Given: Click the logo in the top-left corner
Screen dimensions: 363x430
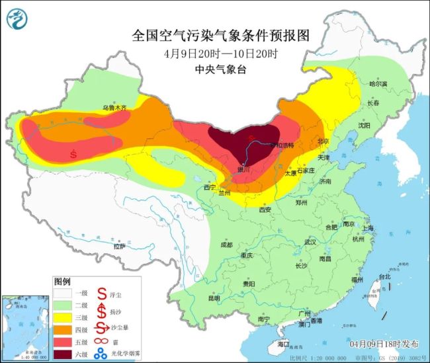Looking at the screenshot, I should (x=18, y=19).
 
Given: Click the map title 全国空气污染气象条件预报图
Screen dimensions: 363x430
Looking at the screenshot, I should (x=222, y=34).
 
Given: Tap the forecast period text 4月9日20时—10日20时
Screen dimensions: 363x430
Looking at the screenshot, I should (x=222, y=53).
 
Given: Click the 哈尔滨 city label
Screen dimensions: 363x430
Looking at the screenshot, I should (x=380, y=84).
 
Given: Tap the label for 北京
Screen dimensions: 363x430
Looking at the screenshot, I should (x=323, y=141).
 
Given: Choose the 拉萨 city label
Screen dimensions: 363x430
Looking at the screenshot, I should (x=119, y=246).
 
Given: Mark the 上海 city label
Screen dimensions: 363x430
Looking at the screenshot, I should (x=368, y=228).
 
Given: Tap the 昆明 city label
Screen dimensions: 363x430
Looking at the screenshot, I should (x=214, y=298).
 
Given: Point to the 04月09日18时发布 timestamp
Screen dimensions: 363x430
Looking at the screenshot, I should (x=384, y=344).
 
